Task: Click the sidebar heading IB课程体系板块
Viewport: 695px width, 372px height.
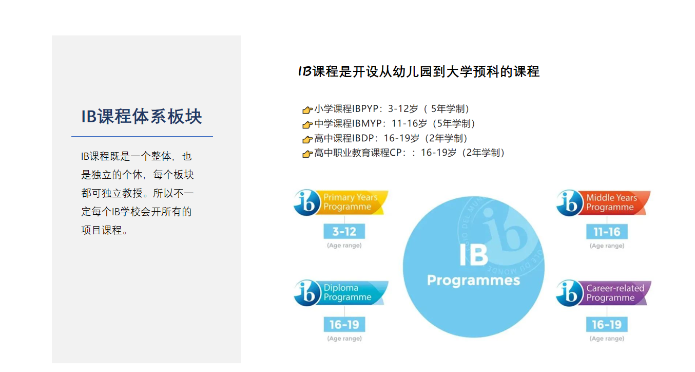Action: [x=142, y=117]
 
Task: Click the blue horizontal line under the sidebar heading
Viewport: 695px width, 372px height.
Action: [x=142, y=136]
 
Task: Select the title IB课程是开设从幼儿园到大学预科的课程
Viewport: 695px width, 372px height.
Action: [x=419, y=71]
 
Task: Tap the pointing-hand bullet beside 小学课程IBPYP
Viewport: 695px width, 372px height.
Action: [x=307, y=109]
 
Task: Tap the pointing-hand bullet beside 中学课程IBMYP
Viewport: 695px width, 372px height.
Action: [x=307, y=124]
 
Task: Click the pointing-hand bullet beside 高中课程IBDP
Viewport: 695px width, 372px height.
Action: [x=307, y=139]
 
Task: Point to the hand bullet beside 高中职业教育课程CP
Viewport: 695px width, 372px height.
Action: [x=307, y=154]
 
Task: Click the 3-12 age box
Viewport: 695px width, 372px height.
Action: [x=344, y=231]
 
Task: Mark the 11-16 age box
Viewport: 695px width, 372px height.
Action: [x=607, y=232]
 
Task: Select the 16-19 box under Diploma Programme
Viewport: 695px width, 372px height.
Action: [x=344, y=325]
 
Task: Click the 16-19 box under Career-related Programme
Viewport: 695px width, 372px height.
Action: [x=607, y=325]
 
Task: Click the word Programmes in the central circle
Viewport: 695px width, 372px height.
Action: [x=473, y=281]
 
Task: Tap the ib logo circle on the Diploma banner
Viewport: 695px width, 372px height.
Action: [x=307, y=293]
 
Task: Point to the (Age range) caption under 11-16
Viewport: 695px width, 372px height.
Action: [x=607, y=246]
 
